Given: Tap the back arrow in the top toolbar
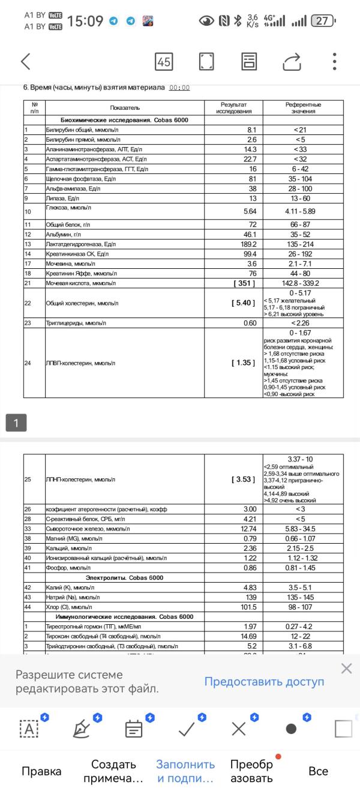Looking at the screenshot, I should [x=25, y=61].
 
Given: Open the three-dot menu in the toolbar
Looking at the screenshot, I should [x=334, y=61].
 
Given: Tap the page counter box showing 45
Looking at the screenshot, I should [x=164, y=61].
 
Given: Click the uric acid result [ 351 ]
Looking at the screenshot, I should [x=243, y=283].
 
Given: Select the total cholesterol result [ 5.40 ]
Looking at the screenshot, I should [x=243, y=303].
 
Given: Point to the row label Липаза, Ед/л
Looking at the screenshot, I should [x=63, y=198].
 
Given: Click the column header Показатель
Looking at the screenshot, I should [x=125, y=107].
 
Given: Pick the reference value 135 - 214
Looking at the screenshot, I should [x=304, y=244].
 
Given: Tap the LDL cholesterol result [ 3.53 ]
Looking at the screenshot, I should [x=243, y=480].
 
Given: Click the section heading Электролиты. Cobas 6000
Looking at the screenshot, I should [x=125, y=577].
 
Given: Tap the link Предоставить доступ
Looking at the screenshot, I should [x=264, y=681].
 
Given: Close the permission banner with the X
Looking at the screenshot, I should [x=346, y=669].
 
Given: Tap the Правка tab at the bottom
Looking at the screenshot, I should [x=41, y=771].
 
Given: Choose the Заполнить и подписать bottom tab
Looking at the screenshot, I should [x=185, y=771].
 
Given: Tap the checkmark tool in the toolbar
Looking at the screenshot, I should [x=187, y=729].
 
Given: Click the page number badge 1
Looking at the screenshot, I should [x=16, y=423].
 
